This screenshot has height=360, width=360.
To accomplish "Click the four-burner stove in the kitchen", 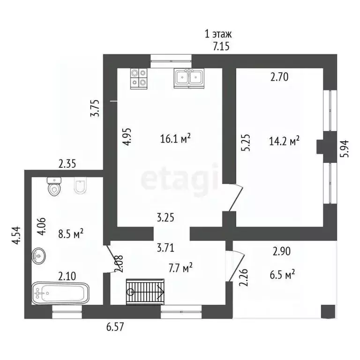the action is [x=139, y=79].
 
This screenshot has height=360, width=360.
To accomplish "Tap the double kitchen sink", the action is [x=189, y=78].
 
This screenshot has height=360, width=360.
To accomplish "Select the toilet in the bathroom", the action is [x=54, y=186].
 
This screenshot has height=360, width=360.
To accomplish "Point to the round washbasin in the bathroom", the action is [x=38, y=255].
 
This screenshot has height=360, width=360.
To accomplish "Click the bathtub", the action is [x=60, y=293].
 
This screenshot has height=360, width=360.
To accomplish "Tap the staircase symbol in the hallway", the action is [x=145, y=292].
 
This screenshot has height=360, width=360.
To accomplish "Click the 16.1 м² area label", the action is [x=175, y=139].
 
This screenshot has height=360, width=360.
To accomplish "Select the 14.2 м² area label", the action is [x=284, y=141].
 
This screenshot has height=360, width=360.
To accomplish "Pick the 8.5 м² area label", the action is [x=71, y=234].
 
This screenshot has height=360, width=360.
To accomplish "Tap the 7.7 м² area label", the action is [x=180, y=268].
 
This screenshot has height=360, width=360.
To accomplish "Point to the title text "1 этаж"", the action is [x=218, y=34].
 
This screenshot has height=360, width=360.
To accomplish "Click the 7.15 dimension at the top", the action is [x=221, y=47].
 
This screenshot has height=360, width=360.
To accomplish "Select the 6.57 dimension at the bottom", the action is [x=115, y=327].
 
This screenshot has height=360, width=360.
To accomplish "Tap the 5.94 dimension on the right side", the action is [x=345, y=149].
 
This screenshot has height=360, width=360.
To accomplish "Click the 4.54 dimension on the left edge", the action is [x=16, y=236].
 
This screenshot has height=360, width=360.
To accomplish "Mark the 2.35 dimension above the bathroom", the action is [x=67, y=165].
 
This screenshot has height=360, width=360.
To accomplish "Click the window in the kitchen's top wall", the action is [x=171, y=61].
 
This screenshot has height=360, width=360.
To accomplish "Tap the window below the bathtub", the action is [x=67, y=312].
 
